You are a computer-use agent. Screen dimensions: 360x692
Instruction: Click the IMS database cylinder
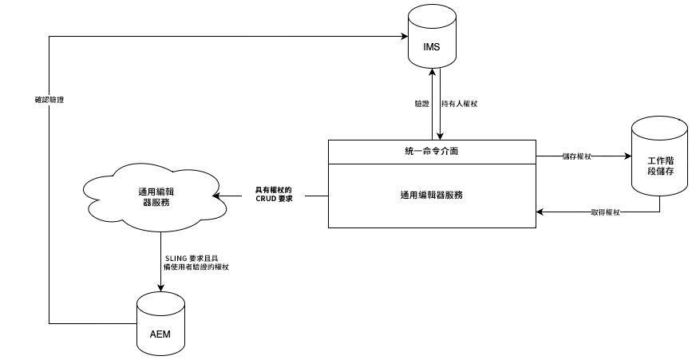coord(431,38)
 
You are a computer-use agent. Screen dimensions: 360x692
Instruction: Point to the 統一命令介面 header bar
coord(431,151)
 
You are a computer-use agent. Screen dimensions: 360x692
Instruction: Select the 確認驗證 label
coord(49,101)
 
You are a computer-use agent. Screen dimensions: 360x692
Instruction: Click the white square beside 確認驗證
coord(88,106)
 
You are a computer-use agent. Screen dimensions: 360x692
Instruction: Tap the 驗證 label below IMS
coord(422,104)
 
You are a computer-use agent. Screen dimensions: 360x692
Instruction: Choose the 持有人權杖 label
coord(459,104)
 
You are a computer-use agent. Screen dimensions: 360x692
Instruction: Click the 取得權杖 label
coord(603,212)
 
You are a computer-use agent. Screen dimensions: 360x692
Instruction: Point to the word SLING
coord(175,258)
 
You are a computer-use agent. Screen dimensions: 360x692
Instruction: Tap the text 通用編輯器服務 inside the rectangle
coord(431,195)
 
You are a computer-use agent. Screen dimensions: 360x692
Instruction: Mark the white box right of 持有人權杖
coord(491,104)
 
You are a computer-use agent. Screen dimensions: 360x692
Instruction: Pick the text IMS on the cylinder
coord(431,46)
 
